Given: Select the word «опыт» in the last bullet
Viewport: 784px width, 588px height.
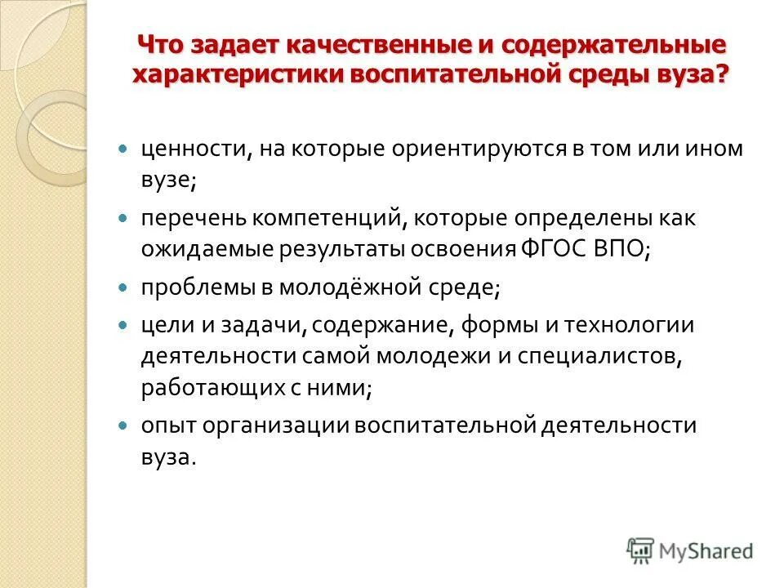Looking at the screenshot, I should [x=164, y=425].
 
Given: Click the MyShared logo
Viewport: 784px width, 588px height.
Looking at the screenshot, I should [x=690, y=550].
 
